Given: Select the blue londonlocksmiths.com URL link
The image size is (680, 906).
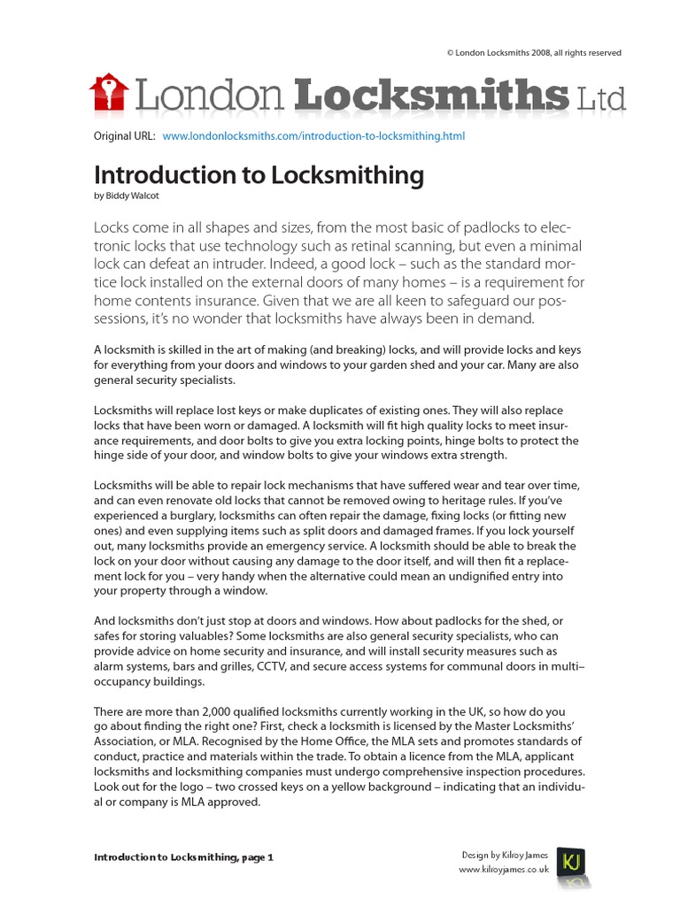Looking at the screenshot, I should click(313, 136).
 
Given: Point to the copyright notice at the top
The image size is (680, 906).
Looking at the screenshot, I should click(534, 53).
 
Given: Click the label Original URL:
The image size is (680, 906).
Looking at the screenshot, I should click(125, 136).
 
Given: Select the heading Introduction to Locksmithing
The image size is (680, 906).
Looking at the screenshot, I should click(259, 175).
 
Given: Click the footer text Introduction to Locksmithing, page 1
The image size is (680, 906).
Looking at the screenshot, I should click(183, 857).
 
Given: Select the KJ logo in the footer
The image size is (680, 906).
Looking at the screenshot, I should click(570, 861).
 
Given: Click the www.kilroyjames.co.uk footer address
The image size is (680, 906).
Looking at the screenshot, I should click(503, 870).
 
